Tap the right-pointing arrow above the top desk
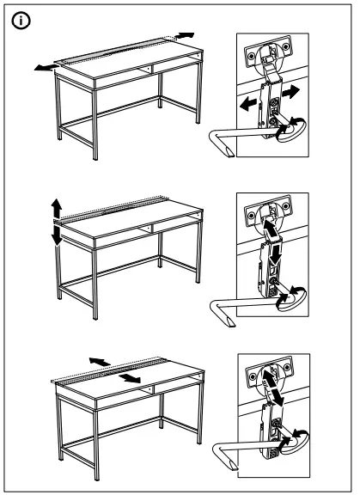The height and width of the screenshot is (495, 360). point(185,34)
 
